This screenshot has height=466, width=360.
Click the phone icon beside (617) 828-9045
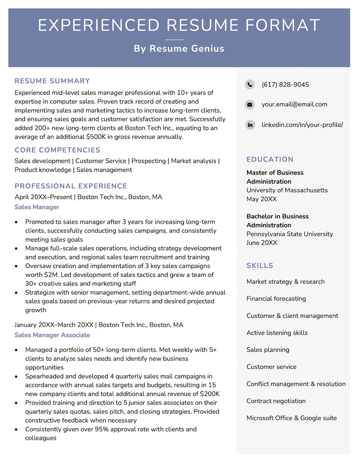pyautogui.click(x=250, y=85)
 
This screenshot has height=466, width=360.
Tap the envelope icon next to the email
pyautogui.click(x=250, y=104)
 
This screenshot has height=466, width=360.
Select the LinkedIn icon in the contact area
pyautogui.click(x=250, y=125)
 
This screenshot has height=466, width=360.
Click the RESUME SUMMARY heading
pyautogui.click(x=52, y=81)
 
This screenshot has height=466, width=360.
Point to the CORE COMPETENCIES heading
pyautogui.click(x=57, y=150)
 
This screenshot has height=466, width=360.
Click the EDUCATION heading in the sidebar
pyautogui.click(x=270, y=159)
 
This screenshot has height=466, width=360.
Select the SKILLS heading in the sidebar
pyautogui.click(x=260, y=265)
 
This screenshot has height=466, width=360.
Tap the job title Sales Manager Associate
pyautogui.click(x=52, y=335)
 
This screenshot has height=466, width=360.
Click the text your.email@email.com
pyautogui.click(x=294, y=104)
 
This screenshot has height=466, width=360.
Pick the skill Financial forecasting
pyautogui.click(x=276, y=299)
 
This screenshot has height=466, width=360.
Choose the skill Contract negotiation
pyautogui.click(x=276, y=401)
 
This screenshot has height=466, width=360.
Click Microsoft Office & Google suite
pyautogui.click(x=291, y=418)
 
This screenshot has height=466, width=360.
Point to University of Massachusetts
pyautogui.click(x=287, y=190)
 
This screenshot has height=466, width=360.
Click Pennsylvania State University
pyautogui.click(x=289, y=234)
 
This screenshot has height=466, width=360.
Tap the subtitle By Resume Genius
pyautogui.click(x=179, y=49)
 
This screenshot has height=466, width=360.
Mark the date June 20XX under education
pyautogui.click(x=261, y=243)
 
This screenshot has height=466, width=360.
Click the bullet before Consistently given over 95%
pyautogui.click(x=17, y=430)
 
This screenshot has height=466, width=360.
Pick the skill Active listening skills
pyautogui.click(x=277, y=333)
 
